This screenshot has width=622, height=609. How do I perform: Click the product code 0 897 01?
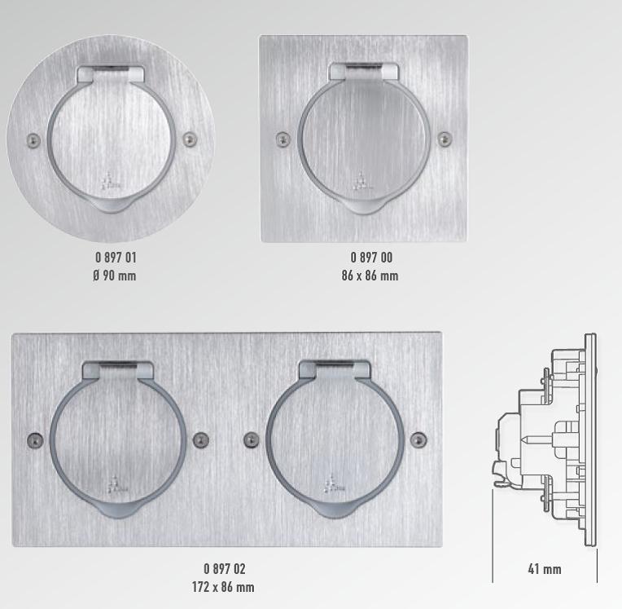tap(116, 258)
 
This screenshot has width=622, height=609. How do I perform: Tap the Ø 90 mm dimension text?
tap(115, 276)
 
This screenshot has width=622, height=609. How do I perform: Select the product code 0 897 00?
tap(371, 258)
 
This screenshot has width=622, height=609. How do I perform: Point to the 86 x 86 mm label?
tap(370, 276)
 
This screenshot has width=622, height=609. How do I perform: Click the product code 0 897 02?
tap(225, 569)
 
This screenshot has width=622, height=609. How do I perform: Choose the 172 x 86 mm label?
tap(223, 587)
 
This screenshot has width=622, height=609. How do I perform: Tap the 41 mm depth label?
tap(544, 569)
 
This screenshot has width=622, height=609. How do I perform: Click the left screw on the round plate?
tap(33, 140)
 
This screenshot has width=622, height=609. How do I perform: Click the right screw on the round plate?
tap(190, 139)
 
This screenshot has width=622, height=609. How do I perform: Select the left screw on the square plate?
tap(283, 139)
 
